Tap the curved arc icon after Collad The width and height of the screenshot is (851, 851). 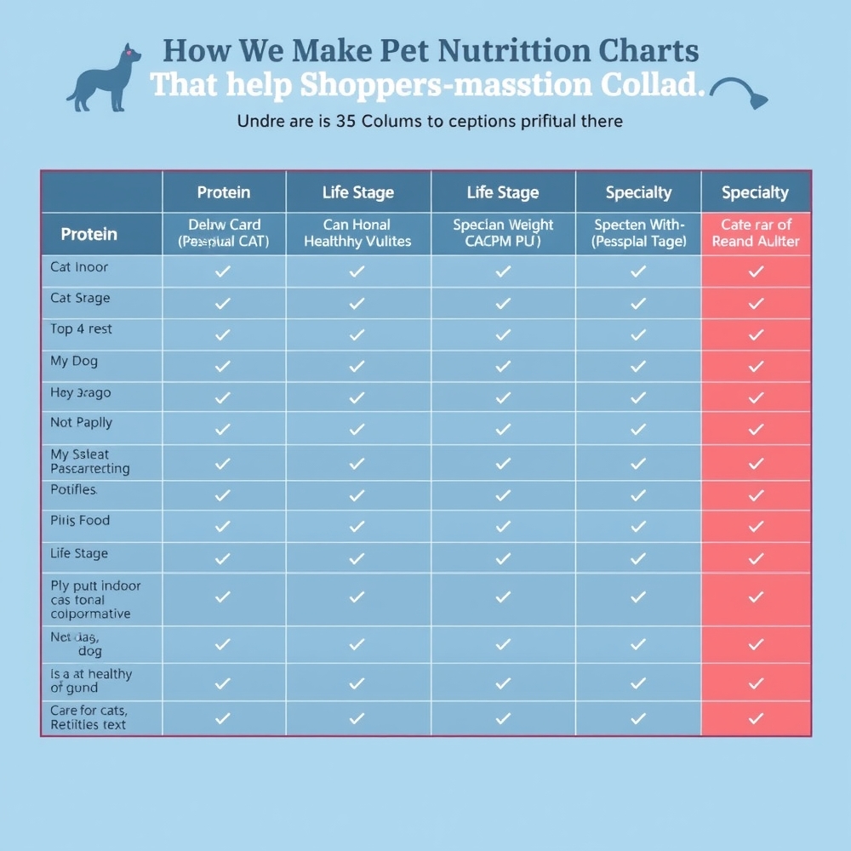click(738, 92)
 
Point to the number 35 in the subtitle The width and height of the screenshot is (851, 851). click(346, 121)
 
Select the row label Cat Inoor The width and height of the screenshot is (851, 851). click(79, 267)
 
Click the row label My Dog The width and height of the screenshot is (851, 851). click(74, 361)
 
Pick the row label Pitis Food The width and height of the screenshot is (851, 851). click(80, 520)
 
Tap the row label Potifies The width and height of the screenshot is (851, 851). click(74, 490)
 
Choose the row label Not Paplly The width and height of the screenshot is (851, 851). click(81, 423)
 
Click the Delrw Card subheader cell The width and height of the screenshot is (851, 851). click(224, 232)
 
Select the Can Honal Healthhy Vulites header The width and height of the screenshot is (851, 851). click(357, 232)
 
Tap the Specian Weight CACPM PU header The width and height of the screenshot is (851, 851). click(503, 232)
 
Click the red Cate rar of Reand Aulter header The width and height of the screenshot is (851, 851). click(756, 232)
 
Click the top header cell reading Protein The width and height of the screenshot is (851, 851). click(224, 192)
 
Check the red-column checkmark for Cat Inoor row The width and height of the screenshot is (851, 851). click(756, 271)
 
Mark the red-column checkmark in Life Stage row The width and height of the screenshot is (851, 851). click(756, 558)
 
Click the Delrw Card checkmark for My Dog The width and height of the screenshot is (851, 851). click(223, 367)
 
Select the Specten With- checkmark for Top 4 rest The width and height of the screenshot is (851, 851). click(638, 334)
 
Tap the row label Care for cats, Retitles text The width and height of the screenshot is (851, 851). click(89, 717)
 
